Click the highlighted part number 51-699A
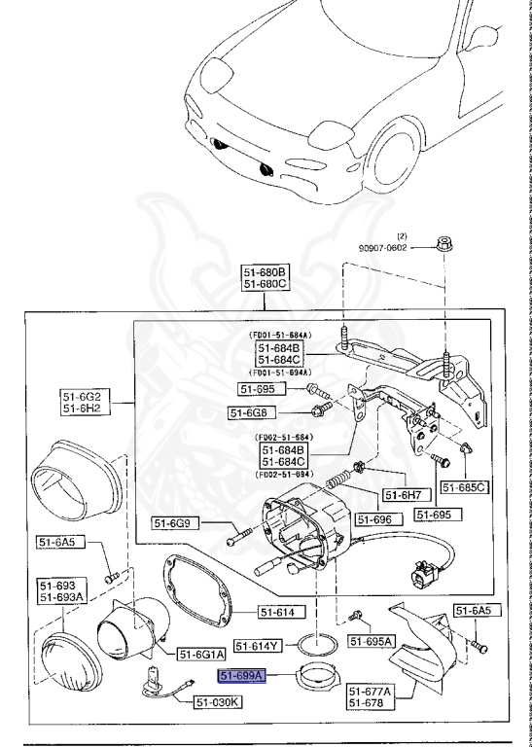tap(241, 675)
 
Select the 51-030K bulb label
tap(218, 700)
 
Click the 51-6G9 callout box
tap(175, 523)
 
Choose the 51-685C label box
tap(464, 486)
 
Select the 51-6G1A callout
tap(201, 654)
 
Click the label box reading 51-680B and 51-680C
tap(266, 278)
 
